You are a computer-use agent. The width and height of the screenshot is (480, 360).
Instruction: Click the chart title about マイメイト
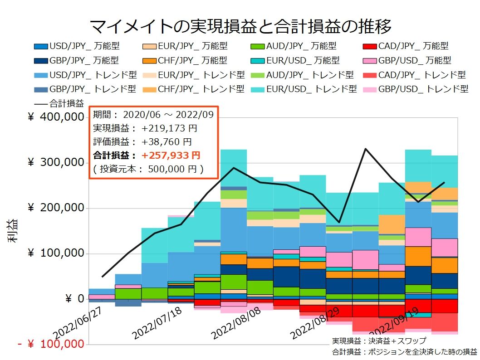pos(240,26)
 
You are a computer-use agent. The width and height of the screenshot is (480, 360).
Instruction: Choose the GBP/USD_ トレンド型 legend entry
pos(416,89)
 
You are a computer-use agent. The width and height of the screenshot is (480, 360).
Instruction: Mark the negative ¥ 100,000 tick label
pos(51,344)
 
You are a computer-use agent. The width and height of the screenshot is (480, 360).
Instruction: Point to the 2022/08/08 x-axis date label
pos(235,323)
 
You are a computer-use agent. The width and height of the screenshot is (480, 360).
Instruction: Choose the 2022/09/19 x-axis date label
pos(394,323)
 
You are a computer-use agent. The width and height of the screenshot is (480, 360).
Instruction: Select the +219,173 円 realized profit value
pos(169,128)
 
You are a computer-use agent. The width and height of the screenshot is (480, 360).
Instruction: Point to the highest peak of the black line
pos(365,149)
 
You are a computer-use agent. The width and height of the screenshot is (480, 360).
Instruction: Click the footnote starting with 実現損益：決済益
pos(379,341)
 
